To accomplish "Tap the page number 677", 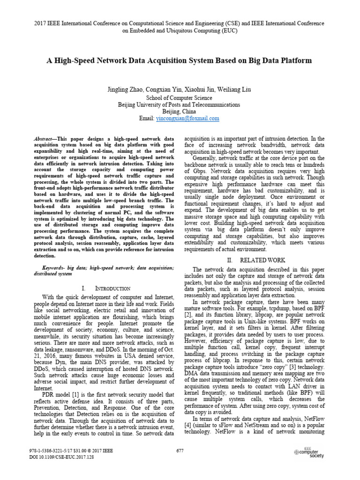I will (180, 450).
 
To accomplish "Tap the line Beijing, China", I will (180, 112).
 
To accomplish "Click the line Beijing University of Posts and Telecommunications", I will (180, 105).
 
